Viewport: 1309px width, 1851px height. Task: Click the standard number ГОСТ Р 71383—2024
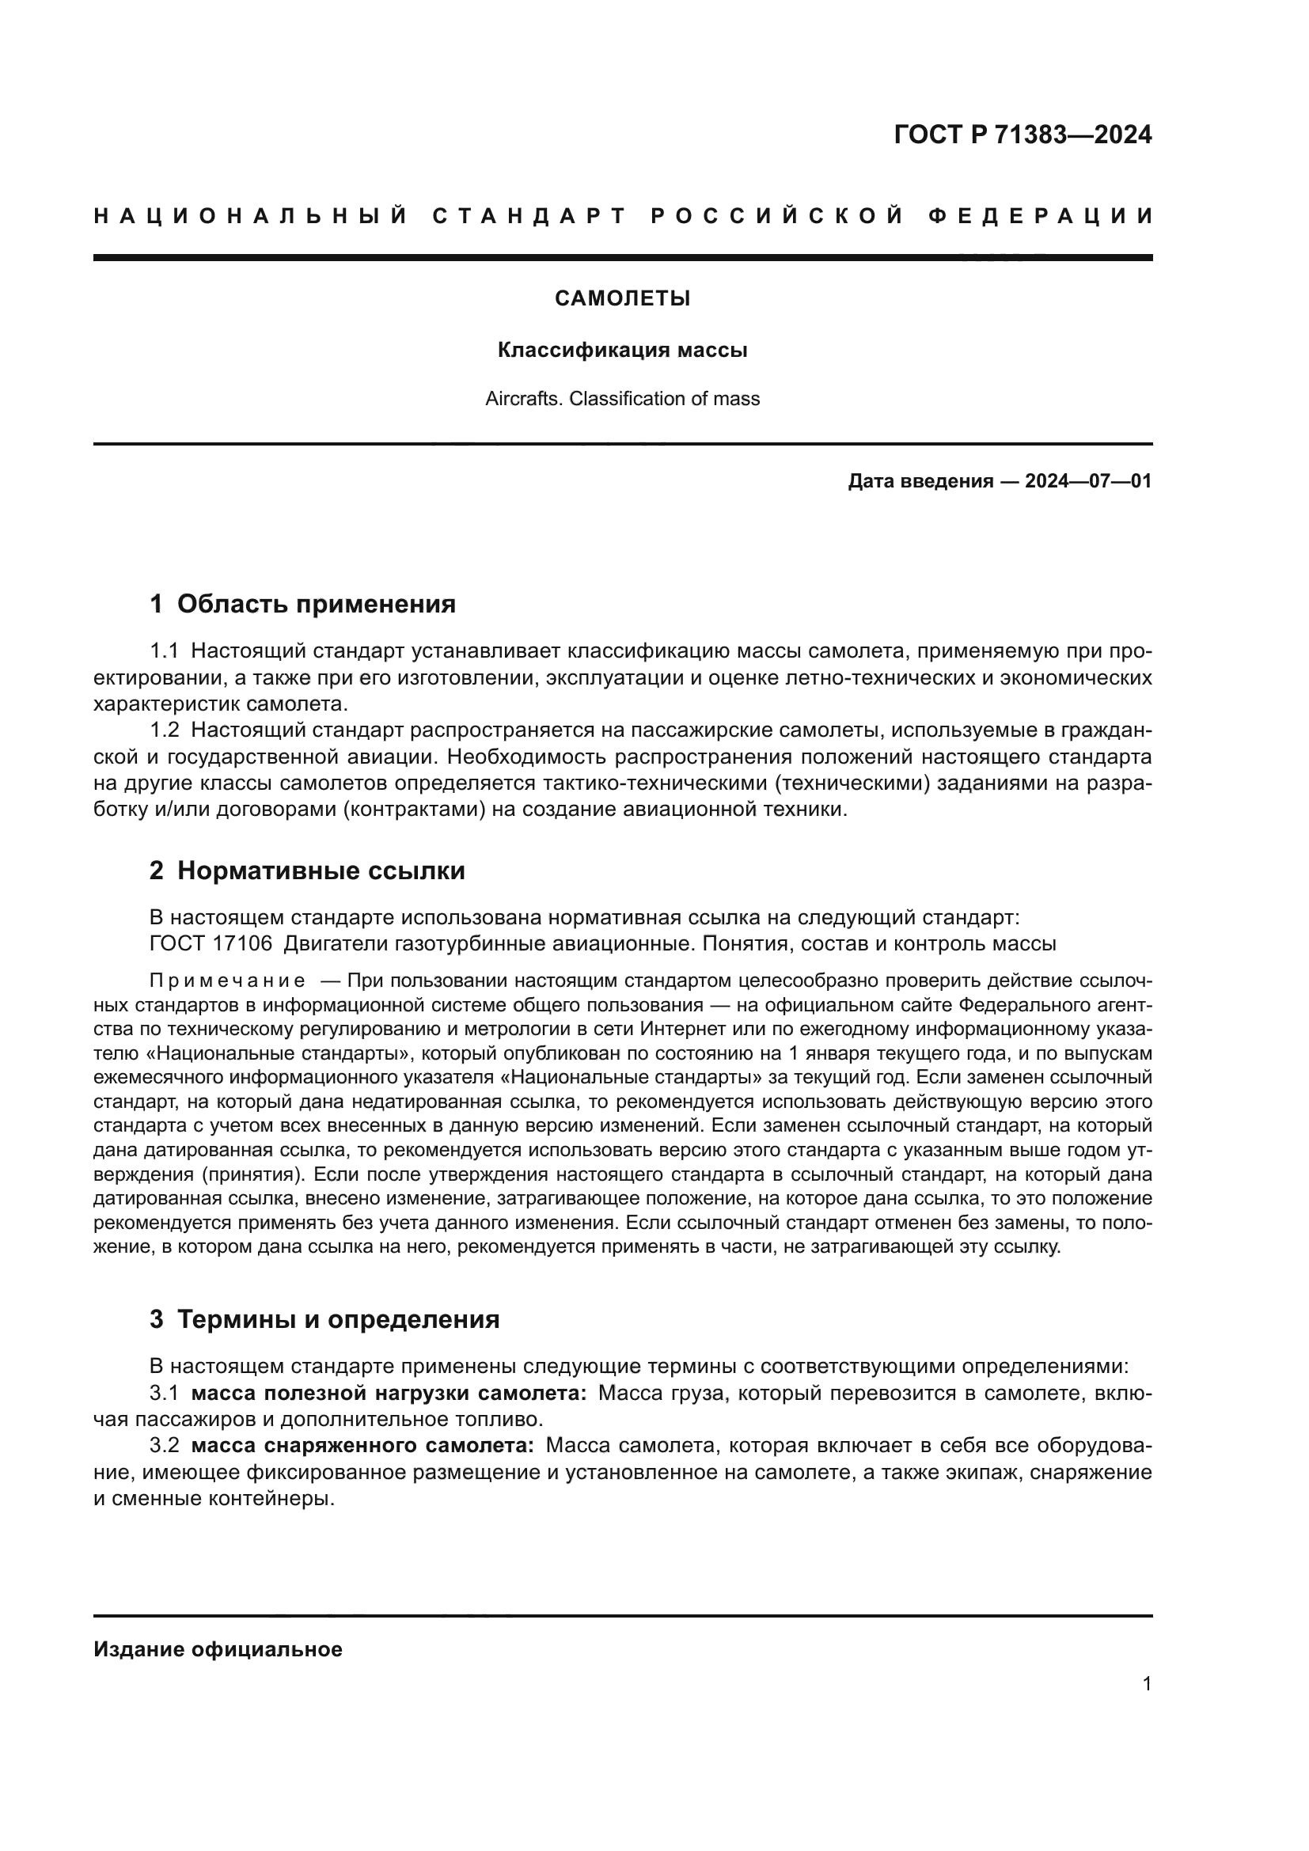[x=1022, y=135]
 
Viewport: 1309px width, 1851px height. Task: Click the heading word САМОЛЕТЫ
[x=622, y=299]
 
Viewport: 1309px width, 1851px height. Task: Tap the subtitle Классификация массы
[x=622, y=350]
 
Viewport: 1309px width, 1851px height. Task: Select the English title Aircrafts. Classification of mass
[x=622, y=399]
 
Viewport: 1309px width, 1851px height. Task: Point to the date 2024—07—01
[x=1087, y=482]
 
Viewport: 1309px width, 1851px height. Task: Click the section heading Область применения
[x=316, y=604]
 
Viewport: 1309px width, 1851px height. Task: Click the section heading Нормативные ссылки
[x=321, y=871]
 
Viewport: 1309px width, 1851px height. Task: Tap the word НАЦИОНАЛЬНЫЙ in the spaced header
[x=251, y=216]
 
